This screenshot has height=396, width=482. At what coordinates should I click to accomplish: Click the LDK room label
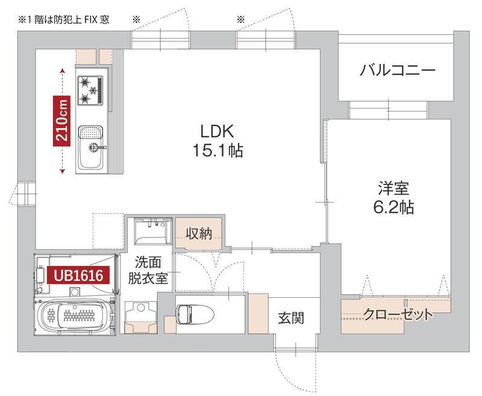click(x=218, y=131)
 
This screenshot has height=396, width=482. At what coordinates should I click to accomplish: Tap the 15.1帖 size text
click(x=218, y=151)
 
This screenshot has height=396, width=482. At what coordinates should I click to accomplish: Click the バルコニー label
click(x=398, y=71)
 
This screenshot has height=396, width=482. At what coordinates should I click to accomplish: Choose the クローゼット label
click(x=398, y=314)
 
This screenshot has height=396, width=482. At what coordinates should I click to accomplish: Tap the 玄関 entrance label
click(x=290, y=318)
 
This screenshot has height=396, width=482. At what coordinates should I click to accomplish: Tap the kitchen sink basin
click(x=90, y=133)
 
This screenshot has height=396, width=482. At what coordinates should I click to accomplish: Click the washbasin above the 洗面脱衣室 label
click(x=151, y=232)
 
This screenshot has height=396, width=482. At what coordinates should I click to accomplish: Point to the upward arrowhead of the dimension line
click(x=63, y=71)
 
